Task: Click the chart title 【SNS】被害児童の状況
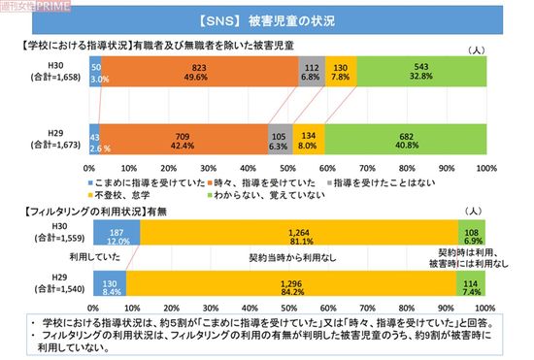coord(267,19)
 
